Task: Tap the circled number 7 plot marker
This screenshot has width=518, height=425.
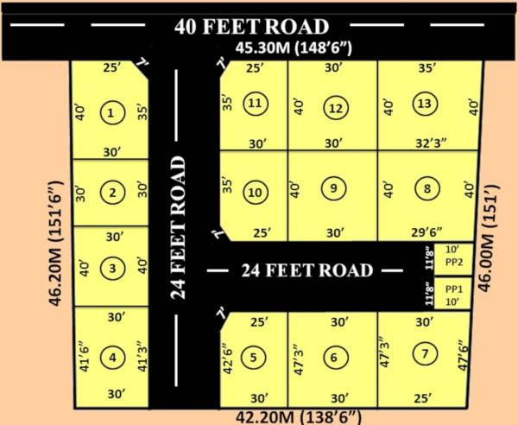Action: [421, 353]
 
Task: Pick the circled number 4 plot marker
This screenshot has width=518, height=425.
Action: [112, 356]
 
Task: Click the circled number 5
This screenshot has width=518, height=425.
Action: [253, 356]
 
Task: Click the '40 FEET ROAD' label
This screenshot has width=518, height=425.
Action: [251, 25]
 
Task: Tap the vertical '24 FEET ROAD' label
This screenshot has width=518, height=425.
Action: [180, 227]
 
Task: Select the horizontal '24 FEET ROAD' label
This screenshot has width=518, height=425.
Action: [308, 270]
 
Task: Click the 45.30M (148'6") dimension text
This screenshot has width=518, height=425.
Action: [298, 48]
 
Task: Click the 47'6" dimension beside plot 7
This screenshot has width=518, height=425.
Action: [467, 354]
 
